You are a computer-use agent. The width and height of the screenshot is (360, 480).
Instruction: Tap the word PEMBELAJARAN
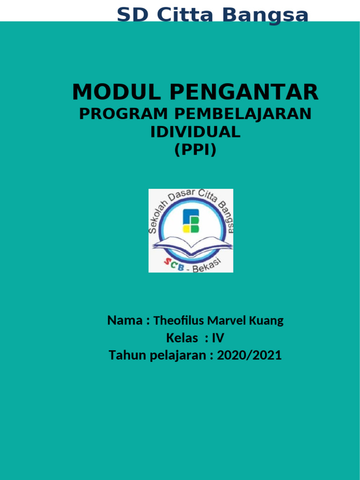point(243,114)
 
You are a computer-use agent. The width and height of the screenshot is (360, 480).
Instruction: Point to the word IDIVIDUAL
point(195,132)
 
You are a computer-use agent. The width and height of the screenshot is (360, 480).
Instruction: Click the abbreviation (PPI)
point(195,150)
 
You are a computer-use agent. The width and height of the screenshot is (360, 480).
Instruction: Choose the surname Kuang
point(268,321)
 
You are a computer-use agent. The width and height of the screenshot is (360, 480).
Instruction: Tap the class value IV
point(218,338)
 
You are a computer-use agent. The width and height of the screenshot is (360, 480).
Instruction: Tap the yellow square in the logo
point(186,228)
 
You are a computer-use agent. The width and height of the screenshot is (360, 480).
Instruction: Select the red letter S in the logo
point(167,263)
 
